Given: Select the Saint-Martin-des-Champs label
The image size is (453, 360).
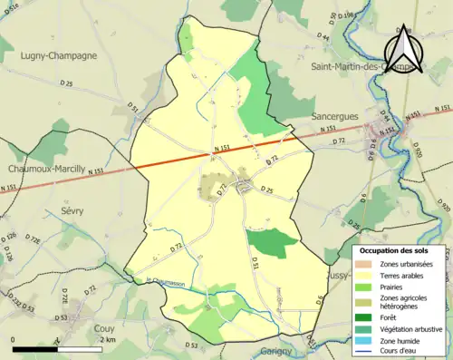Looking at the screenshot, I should pyautogui.click(x=368, y=66).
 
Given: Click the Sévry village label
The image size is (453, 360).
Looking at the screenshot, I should pyautogui.click(x=72, y=210).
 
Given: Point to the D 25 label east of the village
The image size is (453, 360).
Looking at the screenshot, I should pyautogui.click(x=266, y=190).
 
